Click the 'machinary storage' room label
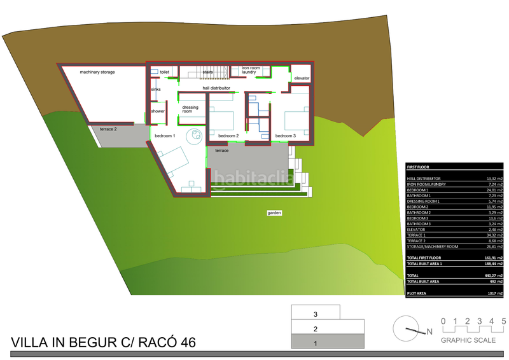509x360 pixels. [x=97, y=73]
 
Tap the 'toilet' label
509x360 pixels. [x=165, y=73]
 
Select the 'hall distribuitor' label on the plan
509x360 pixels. [x=216, y=88]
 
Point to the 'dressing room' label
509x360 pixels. [x=190, y=109]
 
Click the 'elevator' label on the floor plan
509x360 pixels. [x=302, y=78]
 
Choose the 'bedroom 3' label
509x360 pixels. [x=286, y=136]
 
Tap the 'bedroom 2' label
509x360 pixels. [x=228, y=136]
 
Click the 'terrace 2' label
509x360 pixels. [x=108, y=129]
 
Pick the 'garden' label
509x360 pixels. [x=274, y=212]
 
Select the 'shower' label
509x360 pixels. [x=158, y=111]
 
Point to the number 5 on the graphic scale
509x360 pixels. [x=504, y=321]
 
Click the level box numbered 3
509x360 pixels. [x=316, y=314]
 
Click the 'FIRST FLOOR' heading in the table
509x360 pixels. [x=419, y=167]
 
